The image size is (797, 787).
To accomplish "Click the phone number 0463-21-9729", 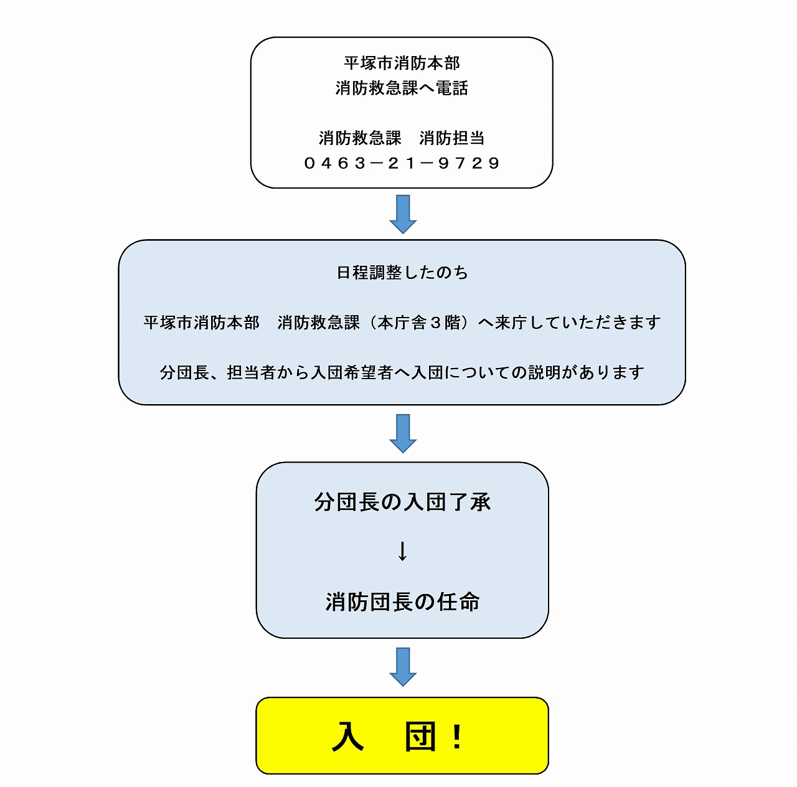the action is tap(402, 163).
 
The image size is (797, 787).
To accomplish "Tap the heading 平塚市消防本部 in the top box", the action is tap(402, 64).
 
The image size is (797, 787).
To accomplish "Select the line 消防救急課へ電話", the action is tap(402, 88).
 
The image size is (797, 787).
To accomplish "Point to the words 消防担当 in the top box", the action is tap(451, 138).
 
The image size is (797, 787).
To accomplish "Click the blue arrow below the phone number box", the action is tap(403, 214).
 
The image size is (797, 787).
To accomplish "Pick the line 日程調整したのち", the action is tap(402, 273).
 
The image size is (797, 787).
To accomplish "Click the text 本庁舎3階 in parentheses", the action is tap(418, 323).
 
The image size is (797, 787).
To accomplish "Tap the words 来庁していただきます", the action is tap(577, 323).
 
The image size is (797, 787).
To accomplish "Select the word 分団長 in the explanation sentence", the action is tap(184, 372).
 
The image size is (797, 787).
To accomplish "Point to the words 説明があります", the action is tap(586, 372).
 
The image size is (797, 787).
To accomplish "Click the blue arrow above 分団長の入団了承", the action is tap(403, 433).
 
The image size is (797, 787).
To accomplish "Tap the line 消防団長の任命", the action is tap(402, 602).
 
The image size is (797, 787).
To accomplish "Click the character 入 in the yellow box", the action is tap(348, 737).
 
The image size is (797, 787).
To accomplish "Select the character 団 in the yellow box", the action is tap(420, 737).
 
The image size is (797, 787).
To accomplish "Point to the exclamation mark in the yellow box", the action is tap(457, 737).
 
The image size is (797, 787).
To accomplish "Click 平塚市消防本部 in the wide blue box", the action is tap(201, 323).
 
